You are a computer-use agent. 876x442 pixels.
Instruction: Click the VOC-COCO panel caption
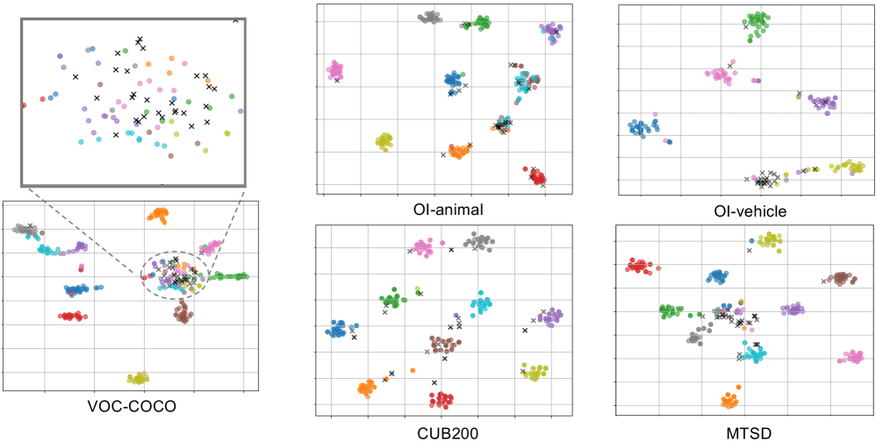pyautogui.click(x=131, y=406)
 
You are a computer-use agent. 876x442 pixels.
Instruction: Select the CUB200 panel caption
pyautogui.click(x=443, y=431)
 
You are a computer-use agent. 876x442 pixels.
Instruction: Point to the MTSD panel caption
pyautogui.click(x=747, y=431)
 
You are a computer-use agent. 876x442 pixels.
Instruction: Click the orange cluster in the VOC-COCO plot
pyautogui.click(x=159, y=214)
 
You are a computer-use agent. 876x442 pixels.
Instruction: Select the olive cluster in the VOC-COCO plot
pyautogui.click(x=138, y=378)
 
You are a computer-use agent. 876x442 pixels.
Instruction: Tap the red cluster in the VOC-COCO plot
pyautogui.click(x=71, y=316)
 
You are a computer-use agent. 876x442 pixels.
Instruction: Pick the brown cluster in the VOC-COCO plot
pyautogui.click(x=183, y=311)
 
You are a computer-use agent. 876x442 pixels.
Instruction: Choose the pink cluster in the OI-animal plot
pyautogui.click(x=334, y=69)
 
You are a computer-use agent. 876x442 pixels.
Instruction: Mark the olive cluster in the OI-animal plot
pyautogui.click(x=384, y=140)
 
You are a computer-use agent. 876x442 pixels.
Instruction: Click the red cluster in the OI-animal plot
pyautogui.click(x=536, y=175)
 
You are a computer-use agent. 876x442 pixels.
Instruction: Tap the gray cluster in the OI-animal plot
pyautogui.click(x=430, y=18)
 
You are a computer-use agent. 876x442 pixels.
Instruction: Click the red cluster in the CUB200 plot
pyautogui.click(x=442, y=400)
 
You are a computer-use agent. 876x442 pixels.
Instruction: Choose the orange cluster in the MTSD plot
pyautogui.click(x=729, y=401)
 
